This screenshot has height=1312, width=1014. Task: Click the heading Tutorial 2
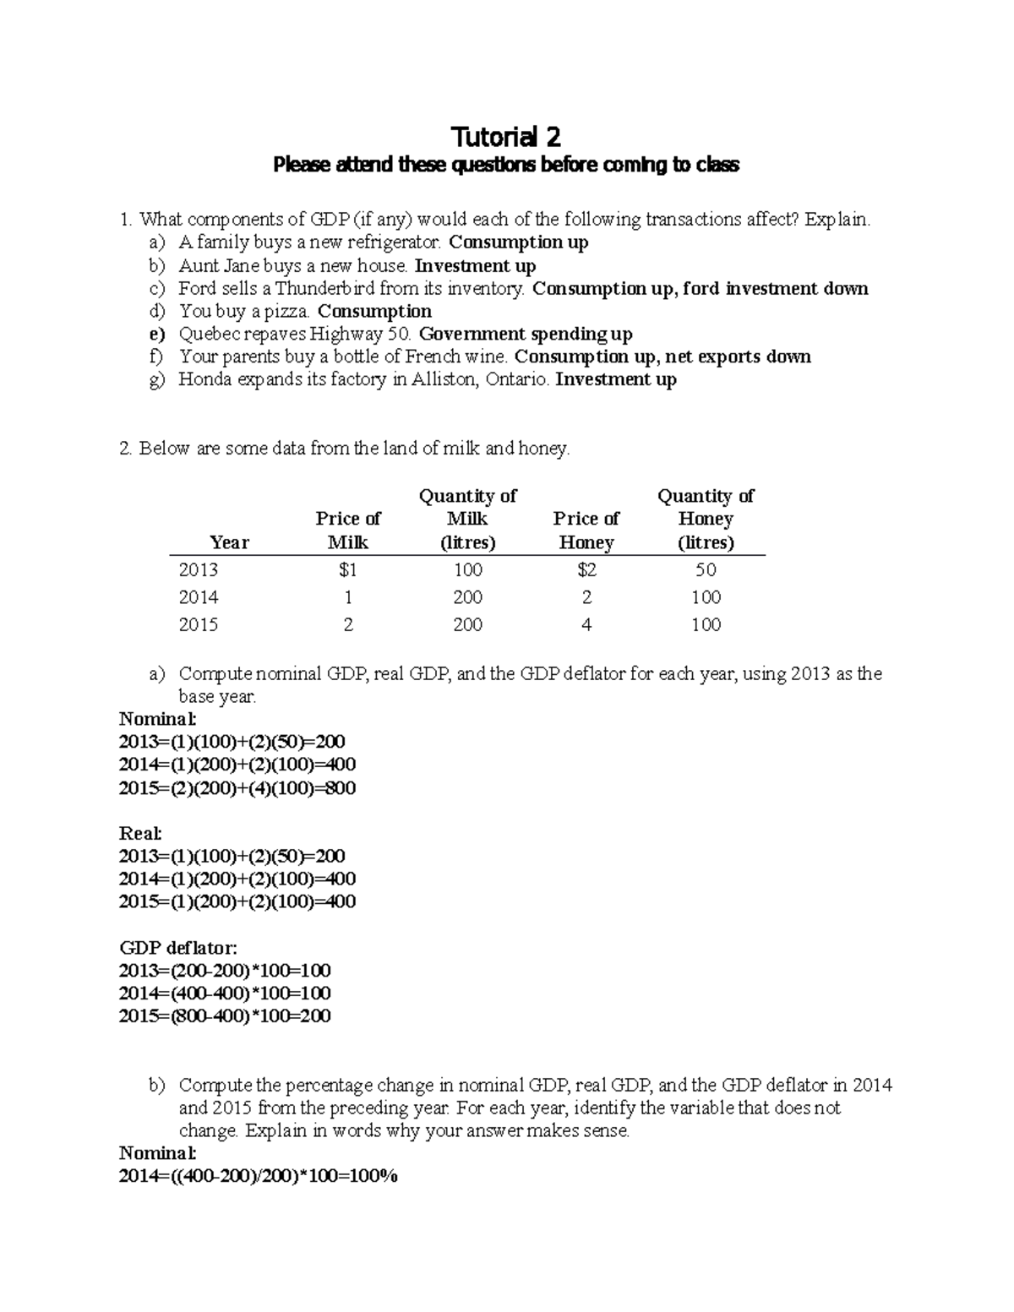pos(506,137)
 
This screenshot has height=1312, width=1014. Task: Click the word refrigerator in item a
pos(395,242)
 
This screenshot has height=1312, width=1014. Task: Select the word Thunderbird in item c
pos(322,289)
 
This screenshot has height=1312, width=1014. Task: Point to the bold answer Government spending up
pos(526,335)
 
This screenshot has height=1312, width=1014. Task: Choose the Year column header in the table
pos(229,542)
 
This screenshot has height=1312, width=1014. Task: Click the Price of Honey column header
pos(586,531)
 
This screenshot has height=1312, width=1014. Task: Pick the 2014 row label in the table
pos(199,597)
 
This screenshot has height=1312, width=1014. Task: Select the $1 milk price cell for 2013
pos(347,570)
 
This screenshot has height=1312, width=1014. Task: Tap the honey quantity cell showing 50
pos(706,570)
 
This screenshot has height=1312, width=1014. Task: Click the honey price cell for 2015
pos(586,625)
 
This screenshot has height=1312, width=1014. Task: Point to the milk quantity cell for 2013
pos(467,570)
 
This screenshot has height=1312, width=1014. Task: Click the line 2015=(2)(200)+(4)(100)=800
pos(237,788)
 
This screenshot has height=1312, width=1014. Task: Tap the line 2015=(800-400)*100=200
pos(225,1016)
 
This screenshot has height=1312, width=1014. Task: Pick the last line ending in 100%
pos(259,1177)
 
